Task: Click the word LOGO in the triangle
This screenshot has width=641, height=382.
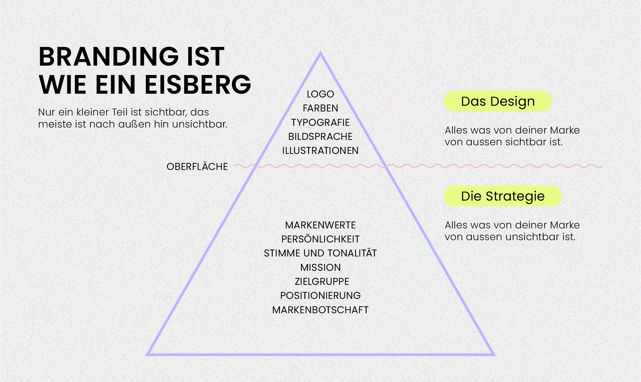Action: coord(320,94)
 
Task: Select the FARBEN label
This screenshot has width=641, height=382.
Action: coord(320,108)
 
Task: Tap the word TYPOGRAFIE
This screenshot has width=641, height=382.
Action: coord(320,123)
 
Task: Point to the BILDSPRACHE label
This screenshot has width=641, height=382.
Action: coord(320,137)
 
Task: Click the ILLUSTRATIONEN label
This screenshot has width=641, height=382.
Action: coord(320,151)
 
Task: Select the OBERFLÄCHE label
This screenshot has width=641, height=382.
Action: coord(197,166)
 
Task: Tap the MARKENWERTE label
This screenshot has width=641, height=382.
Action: coord(320,225)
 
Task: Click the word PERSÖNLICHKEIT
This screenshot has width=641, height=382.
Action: coord(320,239)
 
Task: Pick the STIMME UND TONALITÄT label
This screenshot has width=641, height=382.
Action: coord(320,253)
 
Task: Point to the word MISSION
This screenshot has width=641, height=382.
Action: coord(320,268)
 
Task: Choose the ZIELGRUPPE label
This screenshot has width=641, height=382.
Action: coord(322,282)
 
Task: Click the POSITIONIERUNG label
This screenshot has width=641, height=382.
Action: coord(320,296)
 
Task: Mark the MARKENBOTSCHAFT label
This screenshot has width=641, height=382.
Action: coord(320,310)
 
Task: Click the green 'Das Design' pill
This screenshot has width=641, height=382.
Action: coord(498,101)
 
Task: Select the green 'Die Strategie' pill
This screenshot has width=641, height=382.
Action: coord(503,196)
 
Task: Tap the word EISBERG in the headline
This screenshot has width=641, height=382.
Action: coord(198,85)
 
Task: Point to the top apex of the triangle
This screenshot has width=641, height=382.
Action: coord(320,53)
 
